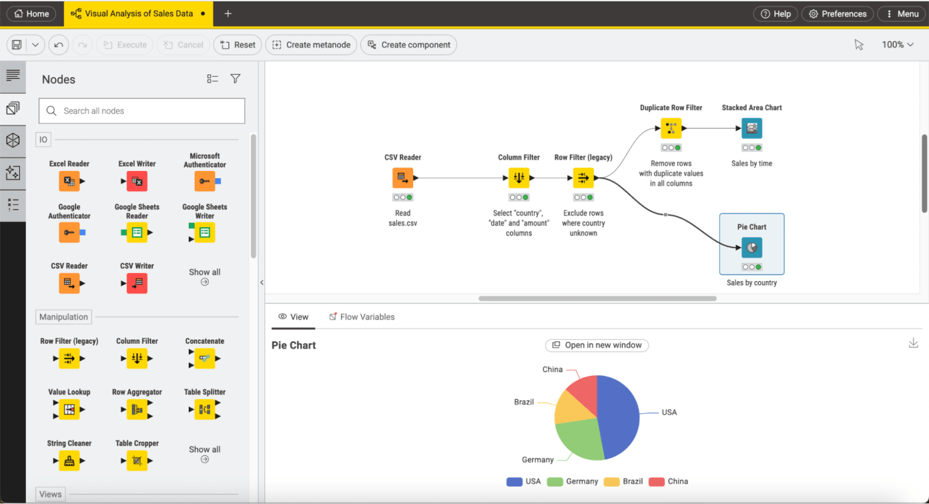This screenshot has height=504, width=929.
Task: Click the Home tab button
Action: point(31,14)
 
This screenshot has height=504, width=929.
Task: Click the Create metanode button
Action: point(311,45)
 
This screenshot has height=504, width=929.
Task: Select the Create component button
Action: point(408,45)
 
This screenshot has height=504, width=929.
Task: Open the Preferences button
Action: point(838,14)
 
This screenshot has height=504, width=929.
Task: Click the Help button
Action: point(776,14)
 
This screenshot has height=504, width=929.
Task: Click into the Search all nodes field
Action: point(142,111)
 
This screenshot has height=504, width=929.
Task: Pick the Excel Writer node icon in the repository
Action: point(137,181)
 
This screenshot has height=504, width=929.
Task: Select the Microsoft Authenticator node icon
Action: point(205,181)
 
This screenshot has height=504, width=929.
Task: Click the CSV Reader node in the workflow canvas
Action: point(403,178)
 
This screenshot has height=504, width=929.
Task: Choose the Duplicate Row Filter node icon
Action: point(671,128)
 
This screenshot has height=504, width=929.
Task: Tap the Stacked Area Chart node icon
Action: point(752,128)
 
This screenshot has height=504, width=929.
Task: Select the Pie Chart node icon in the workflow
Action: point(752,247)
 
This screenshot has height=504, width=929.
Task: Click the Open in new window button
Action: point(597,345)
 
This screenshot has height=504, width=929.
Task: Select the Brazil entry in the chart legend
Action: point(624,481)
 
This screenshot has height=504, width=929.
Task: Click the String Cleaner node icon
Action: point(70,460)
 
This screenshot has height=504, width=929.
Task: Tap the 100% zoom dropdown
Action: point(898,44)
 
